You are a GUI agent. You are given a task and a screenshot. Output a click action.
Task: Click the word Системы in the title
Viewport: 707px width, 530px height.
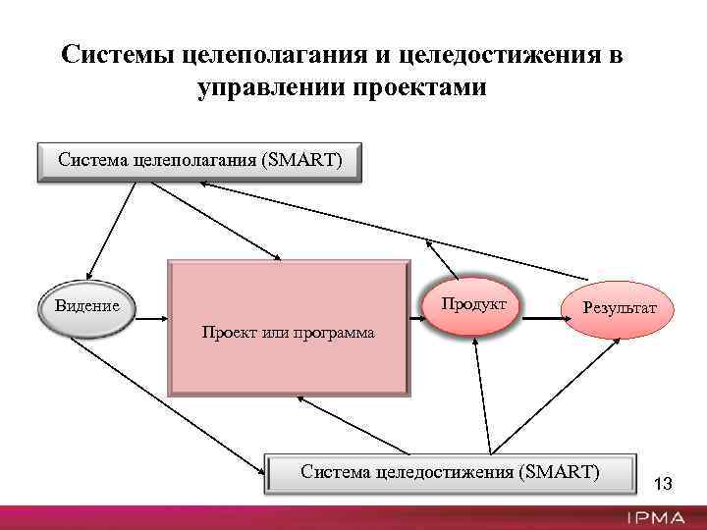point(119,54)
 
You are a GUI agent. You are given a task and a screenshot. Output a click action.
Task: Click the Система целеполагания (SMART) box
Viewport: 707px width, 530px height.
point(199,162)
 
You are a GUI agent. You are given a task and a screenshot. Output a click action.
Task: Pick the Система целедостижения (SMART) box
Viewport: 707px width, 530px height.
point(450,473)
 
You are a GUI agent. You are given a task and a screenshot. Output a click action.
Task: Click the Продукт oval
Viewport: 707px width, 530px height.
point(473,305)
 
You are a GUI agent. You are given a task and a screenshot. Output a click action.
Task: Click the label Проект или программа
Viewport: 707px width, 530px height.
point(288,332)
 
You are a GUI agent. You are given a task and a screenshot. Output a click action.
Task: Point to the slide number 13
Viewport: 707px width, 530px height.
point(663,483)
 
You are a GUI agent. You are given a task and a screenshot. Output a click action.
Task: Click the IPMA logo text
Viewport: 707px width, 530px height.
point(658,517)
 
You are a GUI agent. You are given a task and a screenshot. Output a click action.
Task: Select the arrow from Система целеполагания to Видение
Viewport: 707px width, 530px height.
point(111,229)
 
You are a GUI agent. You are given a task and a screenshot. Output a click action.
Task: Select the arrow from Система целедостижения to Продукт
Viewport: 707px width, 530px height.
point(480,393)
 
